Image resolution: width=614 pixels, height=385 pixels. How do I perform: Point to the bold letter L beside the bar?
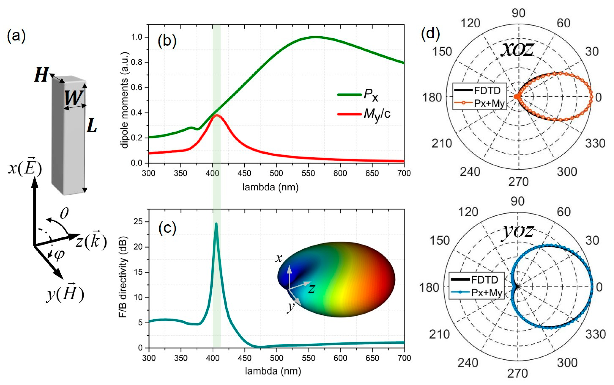(x=92, y=127)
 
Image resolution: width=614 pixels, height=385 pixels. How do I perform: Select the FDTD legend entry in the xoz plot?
(x=487, y=90)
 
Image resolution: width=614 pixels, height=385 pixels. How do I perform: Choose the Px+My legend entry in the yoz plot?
(x=486, y=293)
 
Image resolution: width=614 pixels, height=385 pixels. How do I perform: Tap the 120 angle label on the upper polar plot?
(x=470, y=23)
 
